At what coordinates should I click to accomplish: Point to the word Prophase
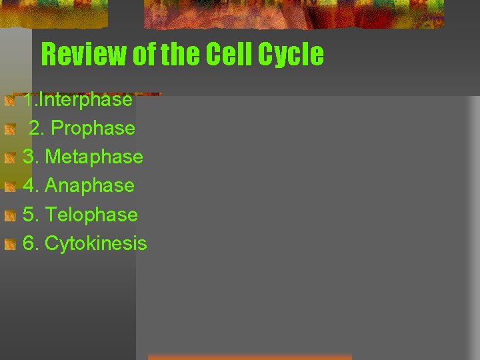coord(93,128)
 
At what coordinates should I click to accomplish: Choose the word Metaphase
coord(94,157)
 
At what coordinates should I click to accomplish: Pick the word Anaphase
coord(89,185)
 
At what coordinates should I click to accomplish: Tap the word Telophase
coord(91,215)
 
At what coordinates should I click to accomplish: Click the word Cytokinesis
coord(96,243)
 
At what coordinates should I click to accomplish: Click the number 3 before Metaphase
coord(29,157)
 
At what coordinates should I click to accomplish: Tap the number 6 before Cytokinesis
coord(29,243)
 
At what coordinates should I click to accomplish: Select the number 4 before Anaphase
coord(29,185)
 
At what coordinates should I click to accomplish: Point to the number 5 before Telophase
coord(29,215)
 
